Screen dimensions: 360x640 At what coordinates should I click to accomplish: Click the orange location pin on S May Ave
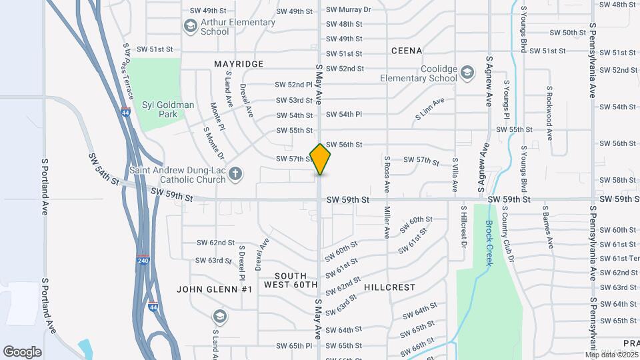pyautogui.click(x=321, y=159)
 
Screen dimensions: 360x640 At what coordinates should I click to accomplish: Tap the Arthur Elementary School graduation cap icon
pyautogui.click(x=190, y=26)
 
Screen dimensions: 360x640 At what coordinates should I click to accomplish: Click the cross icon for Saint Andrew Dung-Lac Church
pyautogui.click(x=235, y=175)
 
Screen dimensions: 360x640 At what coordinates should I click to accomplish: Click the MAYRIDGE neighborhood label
pyautogui.click(x=239, y=64)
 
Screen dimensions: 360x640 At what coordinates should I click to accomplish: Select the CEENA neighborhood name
pyautogui.click(x=407, y=51)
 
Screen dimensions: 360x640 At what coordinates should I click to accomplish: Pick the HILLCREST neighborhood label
pyautogui.click(x=390, y=287)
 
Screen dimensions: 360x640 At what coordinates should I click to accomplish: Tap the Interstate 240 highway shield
pyautogui.click(x=143, y=259)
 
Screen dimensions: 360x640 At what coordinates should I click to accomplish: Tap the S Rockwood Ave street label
pyautogui.click(x=549, y=113)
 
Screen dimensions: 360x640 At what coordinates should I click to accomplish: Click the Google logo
pyautogui.click(x=23, y=351)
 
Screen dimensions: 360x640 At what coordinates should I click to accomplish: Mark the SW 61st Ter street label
pyautogui.click(x=619, y=258)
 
